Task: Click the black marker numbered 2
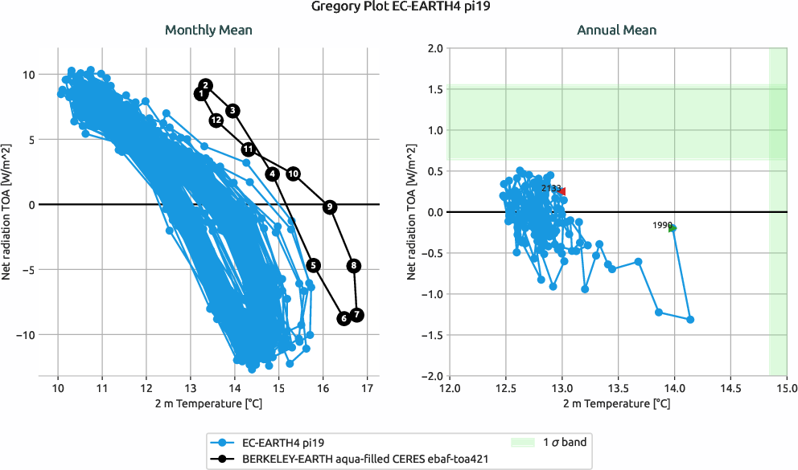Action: [x=205, y=85]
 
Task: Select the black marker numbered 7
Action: [x=357, y=315]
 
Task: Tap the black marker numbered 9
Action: [x=329, y=206]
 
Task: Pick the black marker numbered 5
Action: [x=313, y=265]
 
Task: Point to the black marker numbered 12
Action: [x=216, y=120]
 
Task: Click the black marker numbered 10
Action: [x=294, y=174]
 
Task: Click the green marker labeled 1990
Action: [x=673, y=228]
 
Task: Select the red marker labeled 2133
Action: [x=562, y=191]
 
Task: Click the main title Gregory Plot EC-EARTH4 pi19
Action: [x=399, y=9]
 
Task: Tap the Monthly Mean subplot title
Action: [x=208, y=31]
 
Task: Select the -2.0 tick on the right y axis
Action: [x=432, y=376]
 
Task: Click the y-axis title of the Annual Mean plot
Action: [x=412, y=211]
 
